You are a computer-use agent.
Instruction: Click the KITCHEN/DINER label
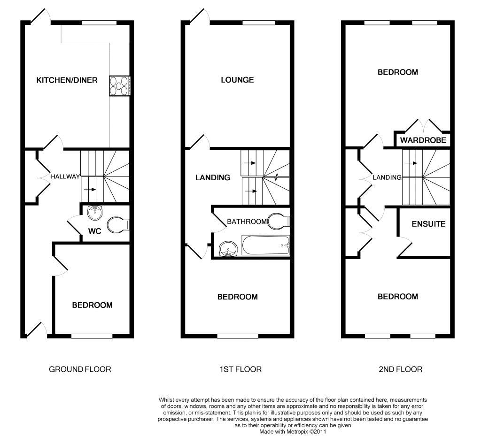click(67, 80)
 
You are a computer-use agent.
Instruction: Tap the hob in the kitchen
click(120, 86)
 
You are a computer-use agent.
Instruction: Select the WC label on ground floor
click(94, 231)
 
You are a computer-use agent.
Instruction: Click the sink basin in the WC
click(95, 213)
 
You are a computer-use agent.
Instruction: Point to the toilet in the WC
click(118, 225)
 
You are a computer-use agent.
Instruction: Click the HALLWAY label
click(65, 176)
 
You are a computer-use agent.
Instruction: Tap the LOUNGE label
click(237, 80)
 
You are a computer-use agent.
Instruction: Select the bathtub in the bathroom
click(266, 245)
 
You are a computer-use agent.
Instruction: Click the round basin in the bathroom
click(228, 248)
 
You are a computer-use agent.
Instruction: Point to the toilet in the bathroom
click(279, 221)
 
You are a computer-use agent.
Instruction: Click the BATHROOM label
click(247, 222)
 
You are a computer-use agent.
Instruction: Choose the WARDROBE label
click(423, 140)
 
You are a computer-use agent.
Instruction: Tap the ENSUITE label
click(428, 224)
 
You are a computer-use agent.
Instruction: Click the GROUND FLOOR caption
click(80, 369)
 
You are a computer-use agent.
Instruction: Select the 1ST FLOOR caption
click(240, 369)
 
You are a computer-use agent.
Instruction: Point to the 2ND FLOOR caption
click(401, 369)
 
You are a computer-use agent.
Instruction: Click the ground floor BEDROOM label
click(93, 305)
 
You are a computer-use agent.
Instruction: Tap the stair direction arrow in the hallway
click(90, 189)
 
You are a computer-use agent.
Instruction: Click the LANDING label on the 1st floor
click(213, 178)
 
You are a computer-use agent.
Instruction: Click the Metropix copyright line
click(293, 432)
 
